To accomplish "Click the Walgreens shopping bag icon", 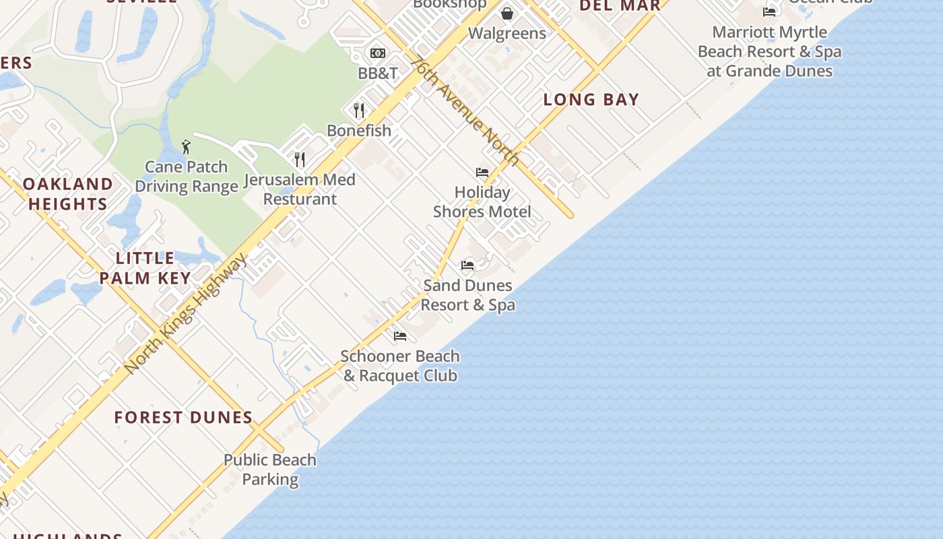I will click(x=507, y=13).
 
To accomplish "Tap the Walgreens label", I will click(x=507, y=33).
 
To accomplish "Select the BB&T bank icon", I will click(x=378, y=53).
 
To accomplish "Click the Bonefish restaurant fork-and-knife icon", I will click(x=359, y=110).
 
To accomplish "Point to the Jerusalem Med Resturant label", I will click(x=300, y=189).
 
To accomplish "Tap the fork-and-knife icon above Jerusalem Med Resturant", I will click(x=300, y=160).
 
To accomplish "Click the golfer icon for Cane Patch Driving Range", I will click(x=187, y=146).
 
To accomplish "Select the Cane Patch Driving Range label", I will click(x=187, y=177).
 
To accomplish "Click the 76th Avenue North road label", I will click(x=465, y=110).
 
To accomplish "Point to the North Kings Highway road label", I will click(x=185, y=315).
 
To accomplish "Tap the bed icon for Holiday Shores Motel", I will click(x=482, y=172).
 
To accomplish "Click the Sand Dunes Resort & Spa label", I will click(x=468, y=295).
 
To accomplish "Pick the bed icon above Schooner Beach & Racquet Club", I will click(x=400, y=336).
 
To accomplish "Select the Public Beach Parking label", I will click(x=270, y=470).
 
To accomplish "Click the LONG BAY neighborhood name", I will click(x=591, y=100).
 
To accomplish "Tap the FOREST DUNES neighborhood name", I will click(x=183, y=418).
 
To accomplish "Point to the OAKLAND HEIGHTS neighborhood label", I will click(x=68, y=194).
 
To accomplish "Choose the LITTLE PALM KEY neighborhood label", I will click(x=145, y=267).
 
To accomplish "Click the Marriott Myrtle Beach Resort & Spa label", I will click(x=769, y=51).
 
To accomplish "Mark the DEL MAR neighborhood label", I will click(x=620, y=5).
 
